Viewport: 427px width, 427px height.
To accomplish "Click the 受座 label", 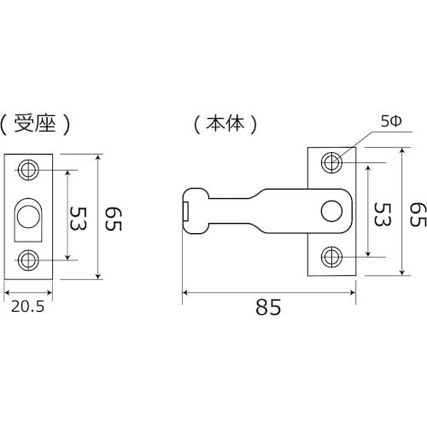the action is [35, 124].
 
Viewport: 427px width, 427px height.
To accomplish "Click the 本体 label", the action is [225, 124].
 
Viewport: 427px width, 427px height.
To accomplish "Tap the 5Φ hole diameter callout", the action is [391, 122].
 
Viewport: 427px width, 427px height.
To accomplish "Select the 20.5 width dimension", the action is [28, 307].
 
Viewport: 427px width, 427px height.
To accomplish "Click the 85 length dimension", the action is [268, 307].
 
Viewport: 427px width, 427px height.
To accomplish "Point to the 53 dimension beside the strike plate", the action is [79, 219].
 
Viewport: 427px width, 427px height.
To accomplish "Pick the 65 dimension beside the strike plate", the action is [114, 219].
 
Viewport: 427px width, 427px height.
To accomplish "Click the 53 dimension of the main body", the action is [383, 214].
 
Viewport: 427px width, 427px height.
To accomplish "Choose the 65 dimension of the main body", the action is [418, 214].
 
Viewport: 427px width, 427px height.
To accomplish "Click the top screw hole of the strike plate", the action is [28, 170].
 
